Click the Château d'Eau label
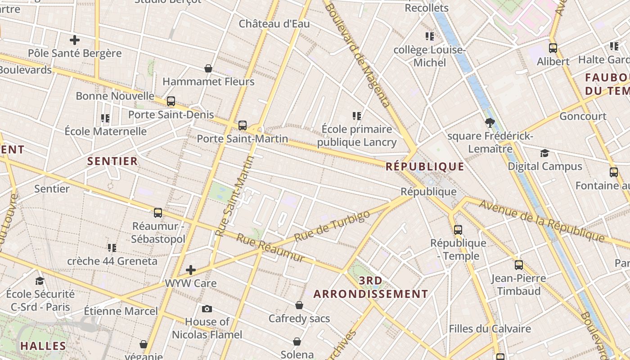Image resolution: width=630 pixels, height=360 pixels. (274, 24)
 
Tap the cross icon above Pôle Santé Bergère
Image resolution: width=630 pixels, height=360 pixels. (75, 40)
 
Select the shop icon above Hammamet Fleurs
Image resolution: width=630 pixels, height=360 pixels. (208, 68)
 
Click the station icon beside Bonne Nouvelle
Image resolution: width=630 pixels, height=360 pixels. (171, 101)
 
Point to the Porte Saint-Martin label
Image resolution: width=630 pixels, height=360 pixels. (242, 139)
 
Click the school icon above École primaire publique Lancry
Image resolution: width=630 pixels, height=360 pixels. (357, 116)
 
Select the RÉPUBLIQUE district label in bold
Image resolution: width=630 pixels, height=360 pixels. (425, 166)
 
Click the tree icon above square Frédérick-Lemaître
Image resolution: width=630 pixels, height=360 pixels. (490, 122)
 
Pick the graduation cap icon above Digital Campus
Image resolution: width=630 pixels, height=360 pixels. (544, 153)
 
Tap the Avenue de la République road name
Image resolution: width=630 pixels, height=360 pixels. (542, 220)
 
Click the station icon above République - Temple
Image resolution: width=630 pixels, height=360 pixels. (458, 230)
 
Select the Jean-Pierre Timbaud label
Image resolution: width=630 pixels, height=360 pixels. (518, 285)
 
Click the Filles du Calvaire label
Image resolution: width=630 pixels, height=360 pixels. (490, 329)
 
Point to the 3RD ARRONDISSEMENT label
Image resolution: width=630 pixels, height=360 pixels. (371, 288)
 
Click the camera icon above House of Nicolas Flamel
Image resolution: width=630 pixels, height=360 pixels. (207, 309)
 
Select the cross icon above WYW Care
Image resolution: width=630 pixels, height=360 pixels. (191, 270)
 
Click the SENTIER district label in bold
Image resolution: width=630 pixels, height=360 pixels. (112, 161)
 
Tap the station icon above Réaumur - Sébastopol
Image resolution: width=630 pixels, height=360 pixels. (158, 213)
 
